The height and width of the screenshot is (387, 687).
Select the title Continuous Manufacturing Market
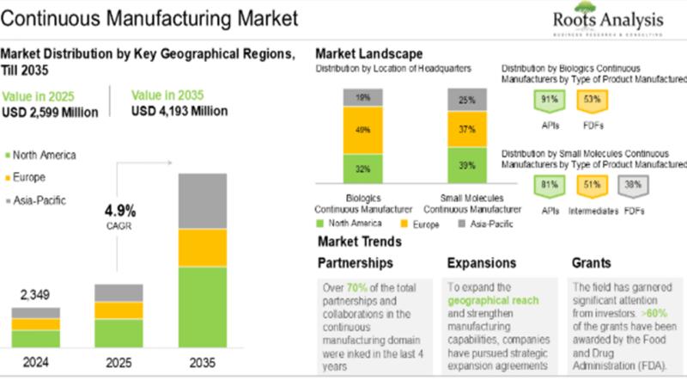point(150,17)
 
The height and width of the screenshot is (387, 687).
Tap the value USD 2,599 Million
point(50,113)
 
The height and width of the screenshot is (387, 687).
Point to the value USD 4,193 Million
point(179,111)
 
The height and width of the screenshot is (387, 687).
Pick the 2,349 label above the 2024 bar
point(35,295)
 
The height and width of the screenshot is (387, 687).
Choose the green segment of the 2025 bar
point(119,333)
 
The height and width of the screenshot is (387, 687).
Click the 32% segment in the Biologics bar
point(362,169)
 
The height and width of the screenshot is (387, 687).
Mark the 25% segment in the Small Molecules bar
point(466,100)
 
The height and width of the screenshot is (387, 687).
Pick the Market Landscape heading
point(368,54)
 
